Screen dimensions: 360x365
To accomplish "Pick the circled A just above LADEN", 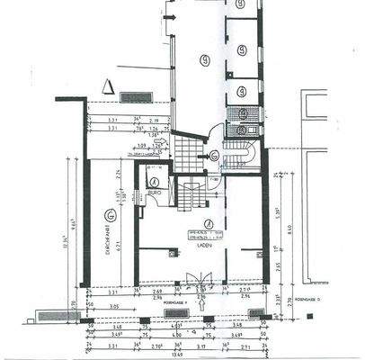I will coord(207,222).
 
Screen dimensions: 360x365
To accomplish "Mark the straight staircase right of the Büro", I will coord(190,192).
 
